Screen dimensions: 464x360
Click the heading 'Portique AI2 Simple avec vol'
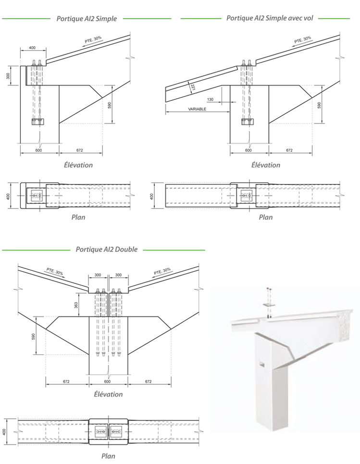point(269,18)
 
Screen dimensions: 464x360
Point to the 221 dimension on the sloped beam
point(192,87)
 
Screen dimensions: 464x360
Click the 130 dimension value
point(210,99)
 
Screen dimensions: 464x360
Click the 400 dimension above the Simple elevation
point(32,48)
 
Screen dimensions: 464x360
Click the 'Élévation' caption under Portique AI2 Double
point(108,394)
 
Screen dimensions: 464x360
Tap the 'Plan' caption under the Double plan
point(108,456)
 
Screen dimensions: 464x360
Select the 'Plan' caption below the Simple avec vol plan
point(265,217)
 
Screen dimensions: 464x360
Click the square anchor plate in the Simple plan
point(36,195)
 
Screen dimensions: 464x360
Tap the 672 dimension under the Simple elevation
point(80,150)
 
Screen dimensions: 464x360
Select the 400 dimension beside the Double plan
point(5,431)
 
